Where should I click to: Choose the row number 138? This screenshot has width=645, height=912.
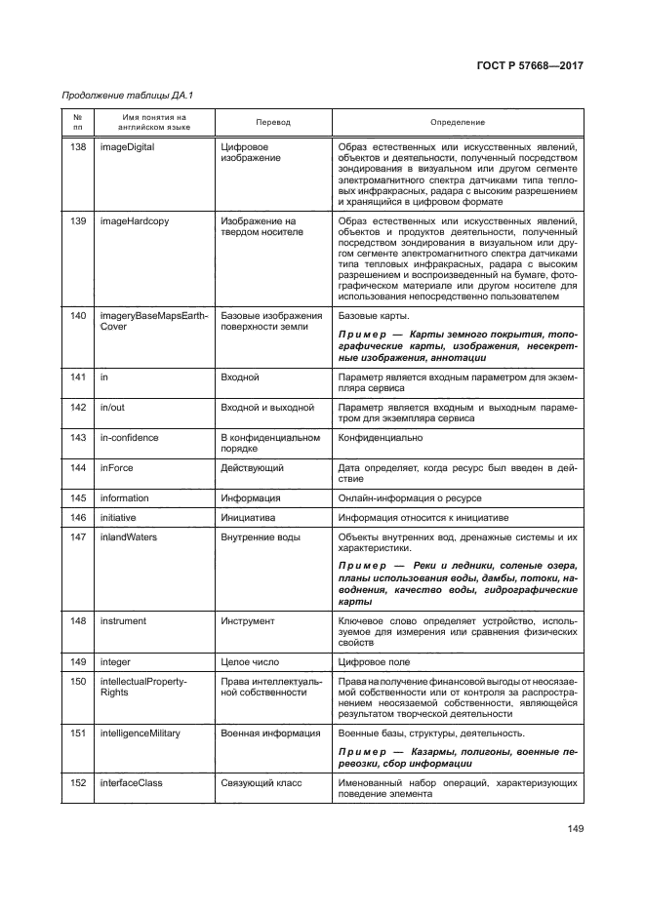point(79,147)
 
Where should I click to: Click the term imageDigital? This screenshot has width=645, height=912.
point(128,147)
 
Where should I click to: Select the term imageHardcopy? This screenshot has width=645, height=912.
point(134,221)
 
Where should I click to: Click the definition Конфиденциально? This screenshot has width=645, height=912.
point(378,438)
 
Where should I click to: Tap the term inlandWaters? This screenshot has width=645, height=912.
point(129,536)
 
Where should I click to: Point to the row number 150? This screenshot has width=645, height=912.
point(79,680)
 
